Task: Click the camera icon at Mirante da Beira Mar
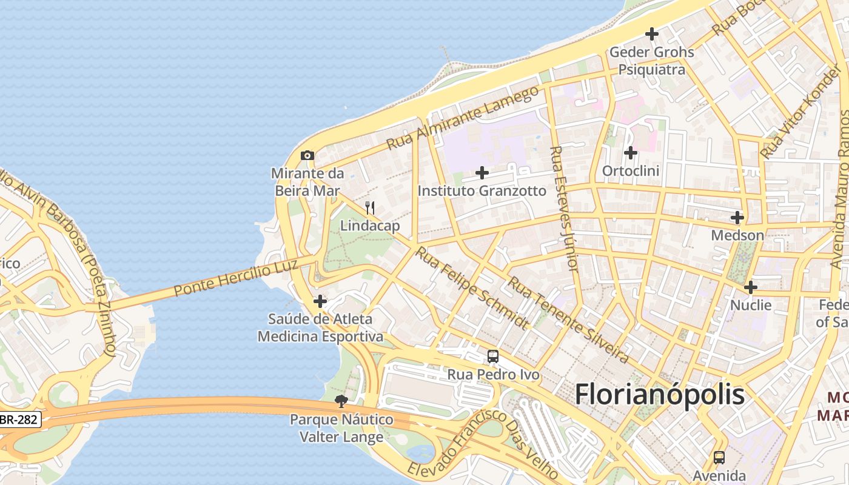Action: (x=307, y=155)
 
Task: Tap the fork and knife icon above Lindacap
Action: (x=370, y=208)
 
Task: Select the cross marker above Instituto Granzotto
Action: (x=482, y=173)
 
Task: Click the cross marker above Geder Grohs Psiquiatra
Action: (x=652, y=34)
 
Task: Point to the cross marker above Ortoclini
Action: (x=631, y=153)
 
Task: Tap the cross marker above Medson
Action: (x=737, y=217)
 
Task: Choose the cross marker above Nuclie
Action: (x=751, y=287)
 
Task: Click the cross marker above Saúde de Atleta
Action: (x=320, y=301)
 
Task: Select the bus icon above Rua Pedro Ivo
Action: (x=493, y=356)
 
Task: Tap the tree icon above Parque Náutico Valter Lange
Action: (x=341, y=401)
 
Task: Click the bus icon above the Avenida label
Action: (x=719, y=457)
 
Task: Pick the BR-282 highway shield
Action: (x=19, y=419)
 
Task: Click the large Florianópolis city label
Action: (x=659, y=395)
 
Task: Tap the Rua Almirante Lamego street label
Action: (x=463, y=118)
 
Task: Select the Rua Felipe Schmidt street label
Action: (x=471, y=287)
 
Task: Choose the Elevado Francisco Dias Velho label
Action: (x=483, y=445)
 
